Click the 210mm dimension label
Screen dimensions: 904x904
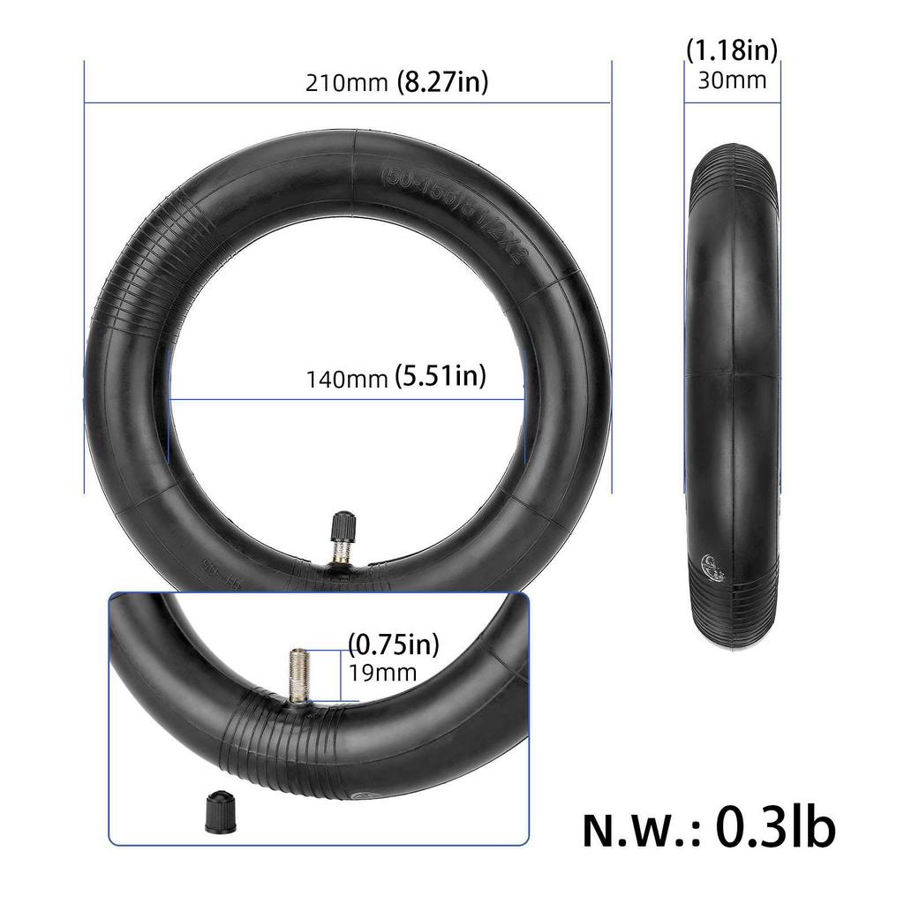click(x=346, y=84)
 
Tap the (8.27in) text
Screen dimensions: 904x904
click(x=441, y=82)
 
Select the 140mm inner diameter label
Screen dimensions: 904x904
click(x=347, y=380)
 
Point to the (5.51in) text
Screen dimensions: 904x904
click(x=441, y=378)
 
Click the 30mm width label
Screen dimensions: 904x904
click(x=732, y=80)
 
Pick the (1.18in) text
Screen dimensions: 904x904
click(x=732, y=50)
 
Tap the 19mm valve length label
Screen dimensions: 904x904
click(x=381, y=673)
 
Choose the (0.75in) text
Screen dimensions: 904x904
click(x=393, y=643)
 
